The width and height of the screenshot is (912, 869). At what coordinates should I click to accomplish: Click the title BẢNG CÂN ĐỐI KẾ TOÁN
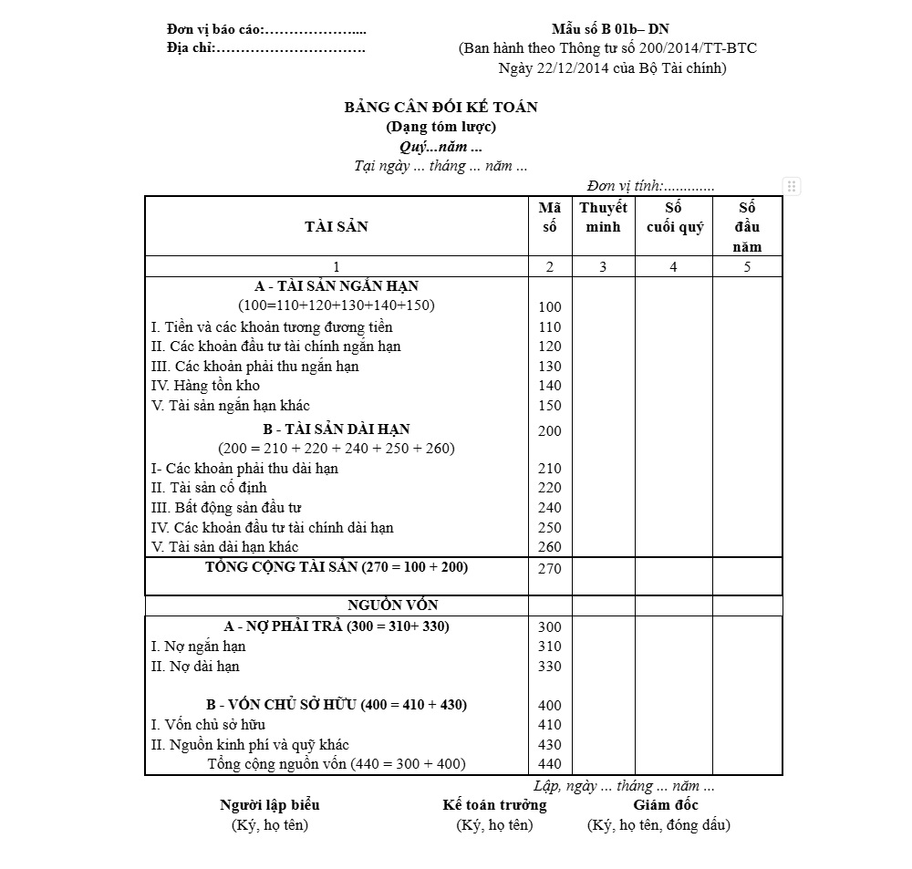point(440,107)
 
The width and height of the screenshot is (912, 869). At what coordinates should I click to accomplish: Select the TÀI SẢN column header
point(337,227)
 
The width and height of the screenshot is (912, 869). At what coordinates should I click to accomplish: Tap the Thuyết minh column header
point(603,217)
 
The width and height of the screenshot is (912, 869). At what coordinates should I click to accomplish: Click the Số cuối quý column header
point(674,217)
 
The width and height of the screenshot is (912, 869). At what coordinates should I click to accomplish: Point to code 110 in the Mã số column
point(550,326)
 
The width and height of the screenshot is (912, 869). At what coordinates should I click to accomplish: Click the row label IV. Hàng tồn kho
point(205,386)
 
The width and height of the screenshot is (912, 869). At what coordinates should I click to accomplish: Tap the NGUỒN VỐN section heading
point(392,605)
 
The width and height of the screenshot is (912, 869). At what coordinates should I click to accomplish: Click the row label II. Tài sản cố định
point(209,488)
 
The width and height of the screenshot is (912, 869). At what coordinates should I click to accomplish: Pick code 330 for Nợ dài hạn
point(550,667)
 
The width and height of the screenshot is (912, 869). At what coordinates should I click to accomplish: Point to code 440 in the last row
point(550,764)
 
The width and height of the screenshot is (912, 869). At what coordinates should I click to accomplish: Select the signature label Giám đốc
point(666,805)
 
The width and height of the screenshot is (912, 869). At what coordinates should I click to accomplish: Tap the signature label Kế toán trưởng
point(494,805)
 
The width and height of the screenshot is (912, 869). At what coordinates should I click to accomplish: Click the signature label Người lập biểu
point(270,805)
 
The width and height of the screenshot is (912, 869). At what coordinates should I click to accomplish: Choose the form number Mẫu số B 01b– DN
point(610,29)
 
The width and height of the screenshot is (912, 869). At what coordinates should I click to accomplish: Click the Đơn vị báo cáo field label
point(214,29)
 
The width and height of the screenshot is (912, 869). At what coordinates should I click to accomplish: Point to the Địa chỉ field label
point(191,47)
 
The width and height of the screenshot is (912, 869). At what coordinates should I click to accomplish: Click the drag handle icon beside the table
point(792,186)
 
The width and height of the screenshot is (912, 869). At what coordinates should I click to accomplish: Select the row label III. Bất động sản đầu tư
point(226,508)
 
